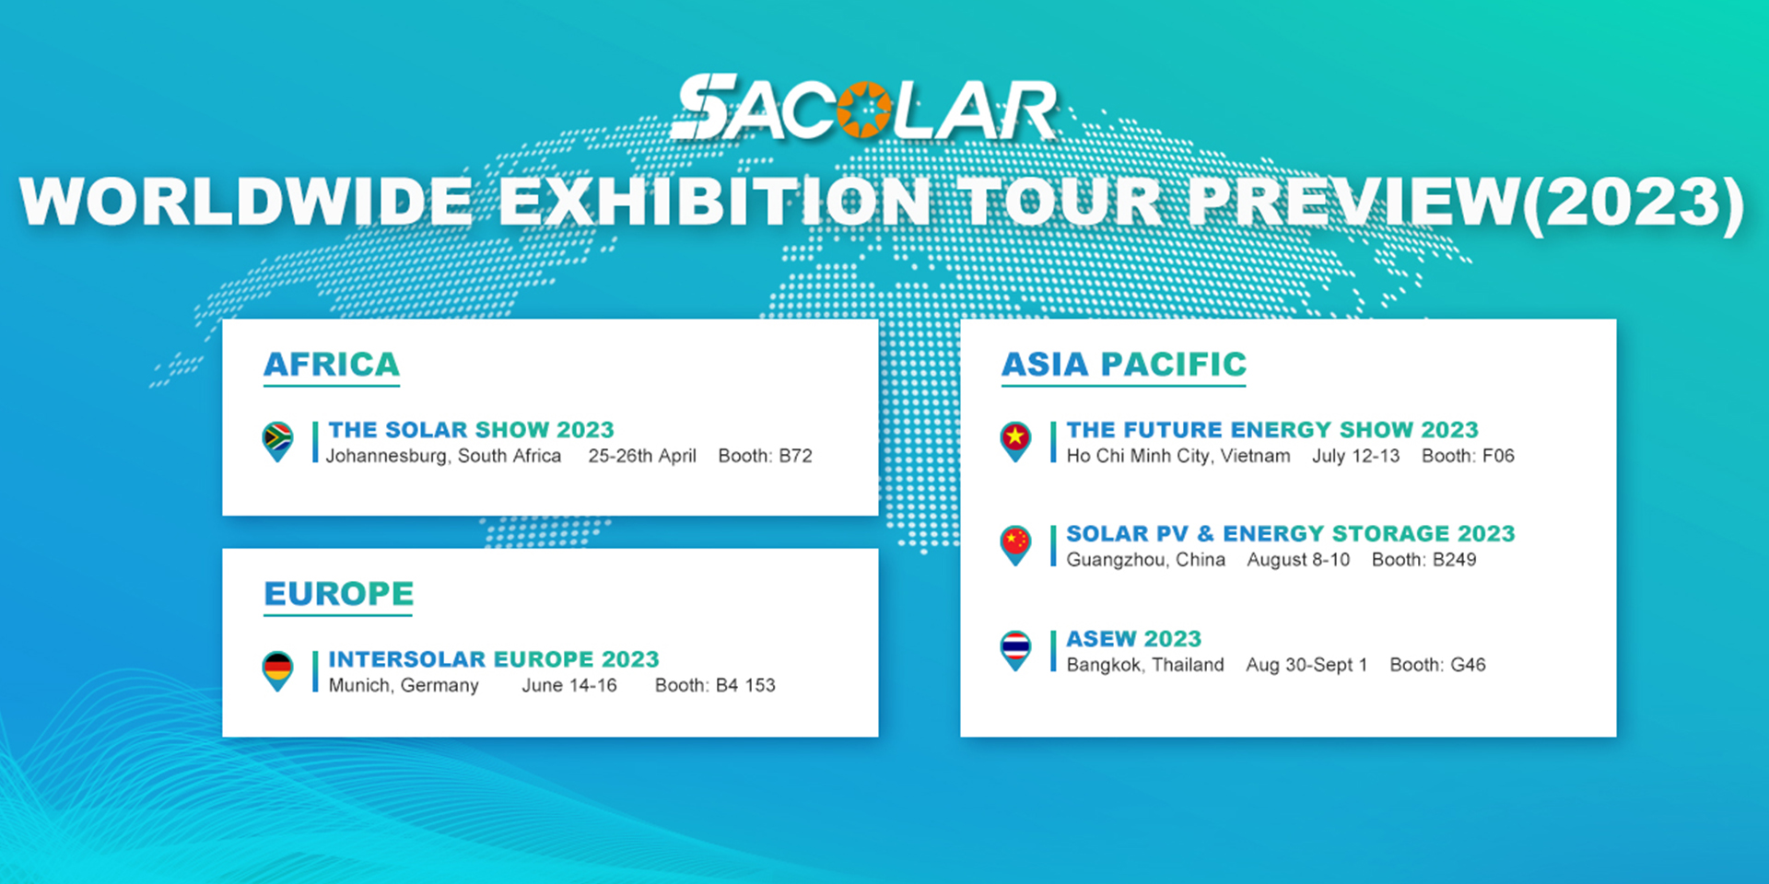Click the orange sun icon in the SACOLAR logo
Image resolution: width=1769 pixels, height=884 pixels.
tap(864, 109)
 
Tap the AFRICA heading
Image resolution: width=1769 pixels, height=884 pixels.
tap(332, 365)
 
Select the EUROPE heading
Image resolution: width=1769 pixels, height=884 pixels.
tap(339, 594)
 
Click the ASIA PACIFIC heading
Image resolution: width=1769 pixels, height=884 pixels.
tap(1124, 365)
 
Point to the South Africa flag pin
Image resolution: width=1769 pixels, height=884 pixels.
tap(277, 441)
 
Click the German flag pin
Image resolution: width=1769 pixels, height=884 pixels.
tap(277, 670)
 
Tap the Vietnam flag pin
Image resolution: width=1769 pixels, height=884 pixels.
tap(1015, 441)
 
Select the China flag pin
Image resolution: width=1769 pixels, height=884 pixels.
tap(1015, 545)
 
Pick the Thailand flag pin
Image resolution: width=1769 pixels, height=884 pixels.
tap(1015, 650)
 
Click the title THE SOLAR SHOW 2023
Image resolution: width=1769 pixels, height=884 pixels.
tap(471, 430)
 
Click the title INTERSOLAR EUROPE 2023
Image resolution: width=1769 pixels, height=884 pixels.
tap(494, 659)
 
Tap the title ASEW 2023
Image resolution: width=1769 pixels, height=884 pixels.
tap(1134, 639)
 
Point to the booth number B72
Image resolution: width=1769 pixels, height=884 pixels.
tap(795, 456)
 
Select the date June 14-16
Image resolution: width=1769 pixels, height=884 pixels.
tap(569, 685)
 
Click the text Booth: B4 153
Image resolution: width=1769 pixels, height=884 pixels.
tap(715, 685)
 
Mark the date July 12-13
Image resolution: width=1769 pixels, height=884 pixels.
tap(1355, 456)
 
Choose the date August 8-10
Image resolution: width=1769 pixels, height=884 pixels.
tap(1298, 560)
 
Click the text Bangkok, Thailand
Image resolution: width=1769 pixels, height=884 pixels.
tap(1145, 665)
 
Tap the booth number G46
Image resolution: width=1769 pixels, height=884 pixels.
tap(1468, 665)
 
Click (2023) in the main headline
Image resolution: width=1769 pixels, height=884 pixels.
tap(1633, 202)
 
